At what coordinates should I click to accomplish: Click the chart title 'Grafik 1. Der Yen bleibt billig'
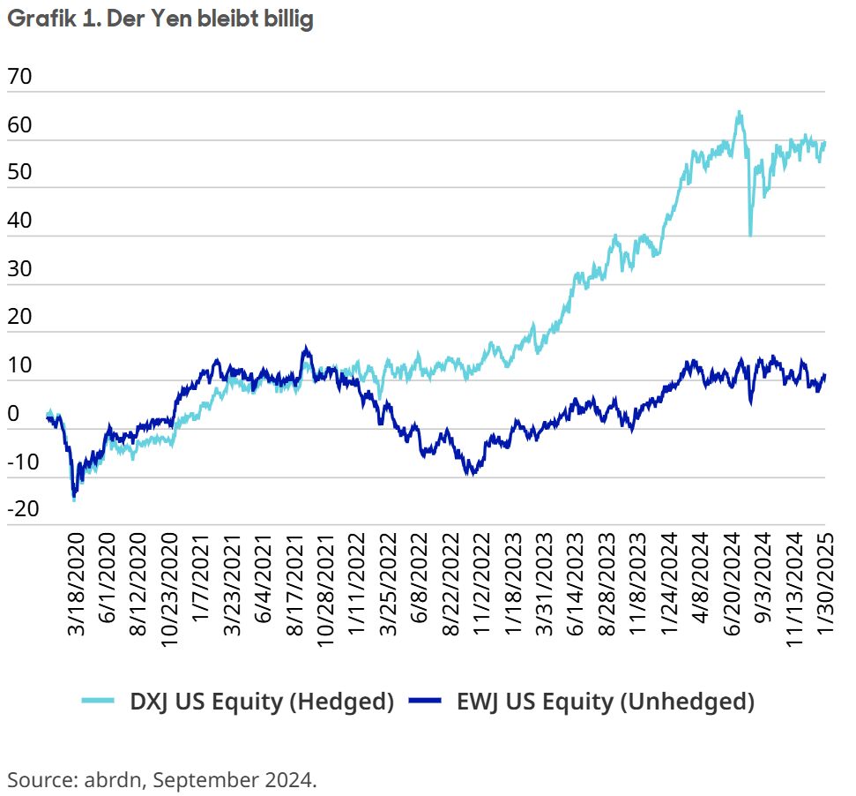[160, 19]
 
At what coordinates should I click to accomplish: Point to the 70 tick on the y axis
[19, 78]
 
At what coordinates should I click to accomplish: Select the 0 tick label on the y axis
[12, 413]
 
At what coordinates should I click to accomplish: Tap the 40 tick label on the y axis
[19, 222]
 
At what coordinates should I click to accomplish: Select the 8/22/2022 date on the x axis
[449, 582]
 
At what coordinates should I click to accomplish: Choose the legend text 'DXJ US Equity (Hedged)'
[262, 702]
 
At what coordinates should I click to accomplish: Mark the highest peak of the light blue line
[738, 112]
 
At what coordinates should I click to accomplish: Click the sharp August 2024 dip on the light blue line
[750, 235]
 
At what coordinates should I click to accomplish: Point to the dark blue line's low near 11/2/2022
[473, 474]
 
